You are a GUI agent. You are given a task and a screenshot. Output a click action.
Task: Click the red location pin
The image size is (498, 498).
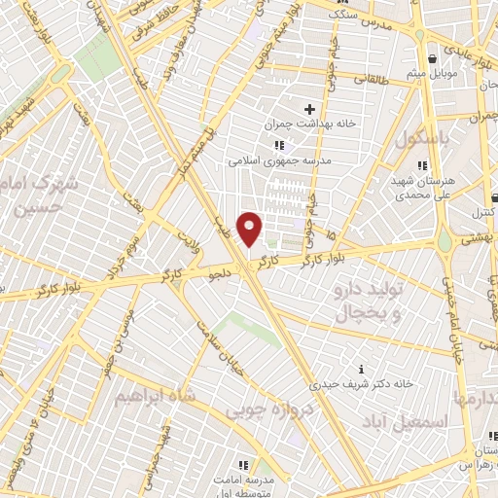(x=250, y=228)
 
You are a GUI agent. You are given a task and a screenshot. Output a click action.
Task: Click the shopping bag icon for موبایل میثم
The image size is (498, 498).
(x=430, y=58)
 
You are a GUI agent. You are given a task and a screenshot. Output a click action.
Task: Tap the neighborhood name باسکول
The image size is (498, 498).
(x=424, y=139)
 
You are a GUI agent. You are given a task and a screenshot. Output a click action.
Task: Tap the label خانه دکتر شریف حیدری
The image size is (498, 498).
(x=363, y=383)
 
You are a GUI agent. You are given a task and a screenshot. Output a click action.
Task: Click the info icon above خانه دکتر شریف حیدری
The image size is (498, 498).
(x=362, y=369)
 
